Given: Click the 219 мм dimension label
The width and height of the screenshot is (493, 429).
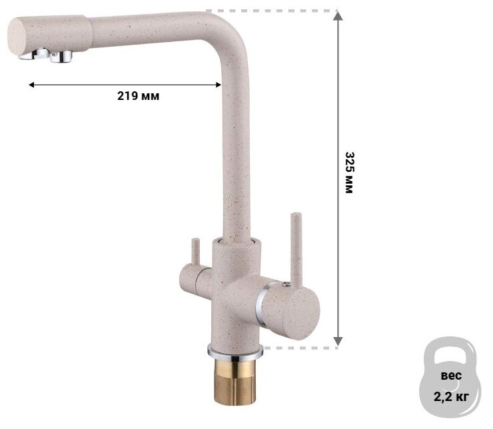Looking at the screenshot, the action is pyautogui.click(x=138, y=96).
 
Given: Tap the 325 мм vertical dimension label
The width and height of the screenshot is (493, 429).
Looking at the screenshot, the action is pyautogui.click(x=350, y=173).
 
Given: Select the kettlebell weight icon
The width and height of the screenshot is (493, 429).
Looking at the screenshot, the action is pyautogui.click(x=450, y=377).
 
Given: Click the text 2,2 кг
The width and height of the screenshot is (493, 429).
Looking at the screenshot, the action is pyautogui.click(x=451, y=396).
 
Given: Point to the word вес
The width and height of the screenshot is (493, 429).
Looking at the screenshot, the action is pyautogui.click(x=451, y=375).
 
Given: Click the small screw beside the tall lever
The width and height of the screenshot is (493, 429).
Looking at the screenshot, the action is pyautogui.click(x=285, y=284).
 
